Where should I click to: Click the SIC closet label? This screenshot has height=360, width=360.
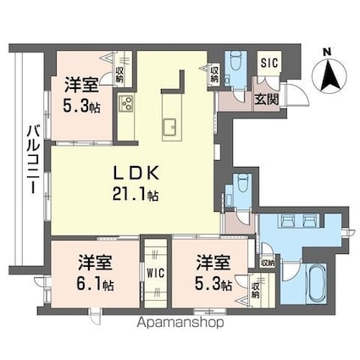[269, 63]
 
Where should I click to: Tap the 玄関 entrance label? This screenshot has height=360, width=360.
[267, 99]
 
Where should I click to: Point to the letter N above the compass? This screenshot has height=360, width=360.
[327, 52]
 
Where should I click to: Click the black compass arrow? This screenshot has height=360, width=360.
[329, 75]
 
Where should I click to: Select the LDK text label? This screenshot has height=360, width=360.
[136, 173]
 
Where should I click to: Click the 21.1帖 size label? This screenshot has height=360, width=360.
[136, 194]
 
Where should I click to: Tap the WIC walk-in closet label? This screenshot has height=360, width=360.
[156, 274]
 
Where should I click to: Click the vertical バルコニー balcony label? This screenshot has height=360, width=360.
[33, 159]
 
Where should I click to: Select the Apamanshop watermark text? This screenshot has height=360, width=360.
[180, 322]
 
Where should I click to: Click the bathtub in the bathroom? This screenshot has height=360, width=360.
[313, 283]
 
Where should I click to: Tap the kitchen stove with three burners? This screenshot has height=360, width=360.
[126, 103]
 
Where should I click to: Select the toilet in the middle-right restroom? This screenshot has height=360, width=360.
[242, 184]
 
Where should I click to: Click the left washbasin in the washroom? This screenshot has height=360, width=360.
[286, 220]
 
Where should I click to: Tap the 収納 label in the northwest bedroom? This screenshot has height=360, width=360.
[119, 74]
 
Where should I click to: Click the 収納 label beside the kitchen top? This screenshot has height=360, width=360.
[214, 74]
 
